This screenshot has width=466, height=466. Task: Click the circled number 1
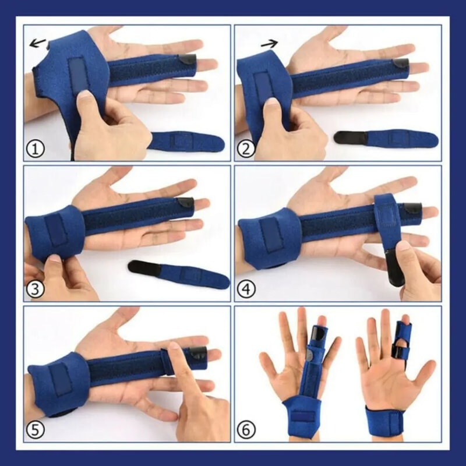36,149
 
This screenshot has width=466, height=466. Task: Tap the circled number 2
246,149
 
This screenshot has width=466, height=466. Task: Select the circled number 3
36,290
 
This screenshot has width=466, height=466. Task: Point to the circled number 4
246,290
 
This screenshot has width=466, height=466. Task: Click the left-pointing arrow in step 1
38,42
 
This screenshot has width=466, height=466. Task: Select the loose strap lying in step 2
387,137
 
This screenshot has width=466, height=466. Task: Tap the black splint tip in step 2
400,63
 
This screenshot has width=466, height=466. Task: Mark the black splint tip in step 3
186,203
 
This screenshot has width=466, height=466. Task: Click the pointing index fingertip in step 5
173,348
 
